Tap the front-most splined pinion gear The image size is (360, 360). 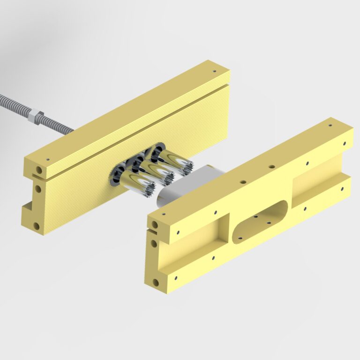click(136, 184)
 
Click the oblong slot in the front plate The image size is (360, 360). click(260, 222)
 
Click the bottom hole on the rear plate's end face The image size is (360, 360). click(37, 226)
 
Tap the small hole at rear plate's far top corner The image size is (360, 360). click(215, 72)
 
